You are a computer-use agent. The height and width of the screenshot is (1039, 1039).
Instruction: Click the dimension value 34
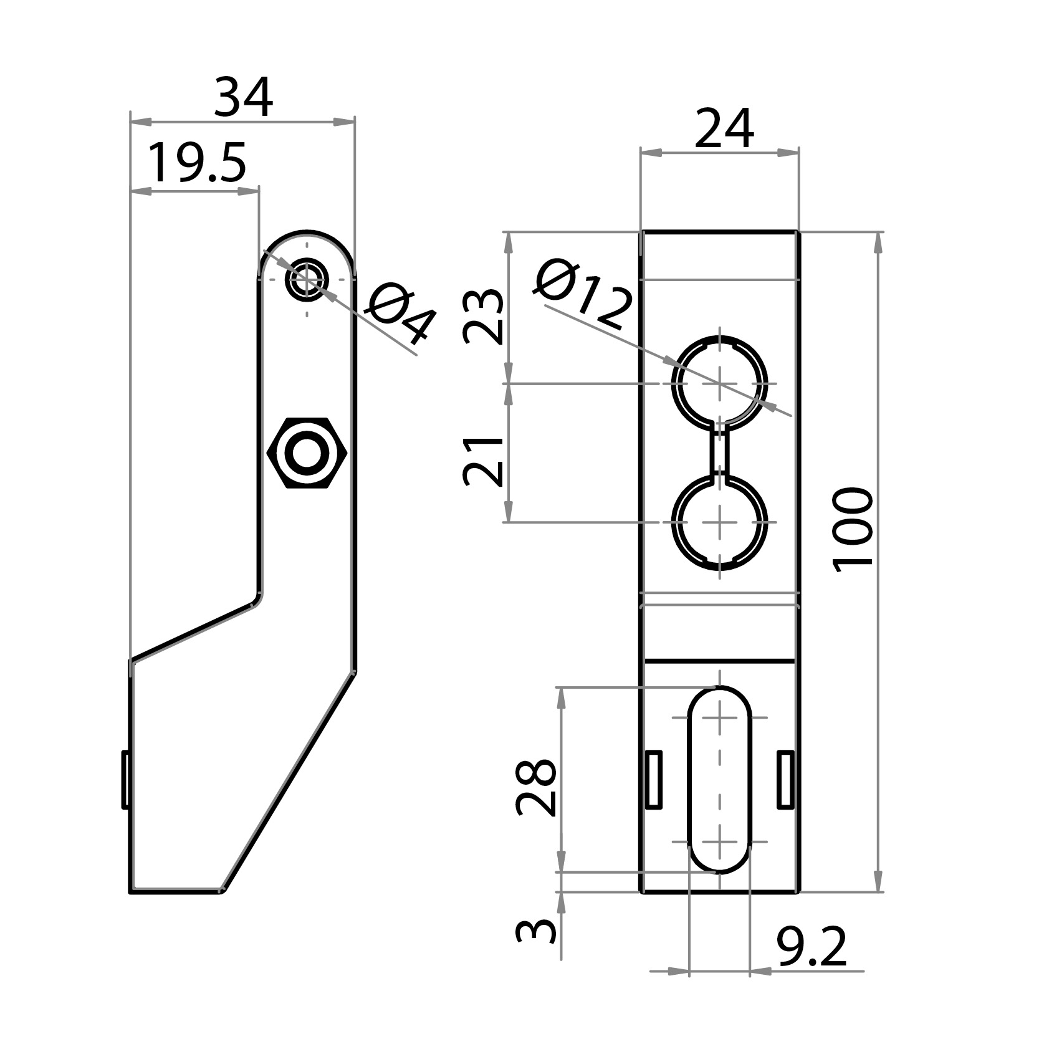tap(242, 98)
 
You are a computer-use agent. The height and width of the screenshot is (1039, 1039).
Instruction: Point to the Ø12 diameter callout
tap(583, 296)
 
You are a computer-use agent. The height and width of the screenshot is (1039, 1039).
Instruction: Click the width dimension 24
tap(724, 130)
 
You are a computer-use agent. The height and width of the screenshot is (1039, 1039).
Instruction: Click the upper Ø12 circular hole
tap(720, 383)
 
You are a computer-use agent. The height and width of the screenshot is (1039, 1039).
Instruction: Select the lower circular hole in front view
tap(720, 522)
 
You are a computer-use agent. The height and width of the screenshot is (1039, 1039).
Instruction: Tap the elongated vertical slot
tap(720, 779)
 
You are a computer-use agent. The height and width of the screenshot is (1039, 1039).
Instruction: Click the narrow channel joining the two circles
tap(720, 452)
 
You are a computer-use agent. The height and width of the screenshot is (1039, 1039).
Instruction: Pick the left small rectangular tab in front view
tap(653, 780)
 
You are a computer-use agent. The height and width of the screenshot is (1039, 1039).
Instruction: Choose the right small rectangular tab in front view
tap(786, 780)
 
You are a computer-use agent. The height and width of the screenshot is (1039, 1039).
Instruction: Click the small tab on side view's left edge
tap(125, 779)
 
